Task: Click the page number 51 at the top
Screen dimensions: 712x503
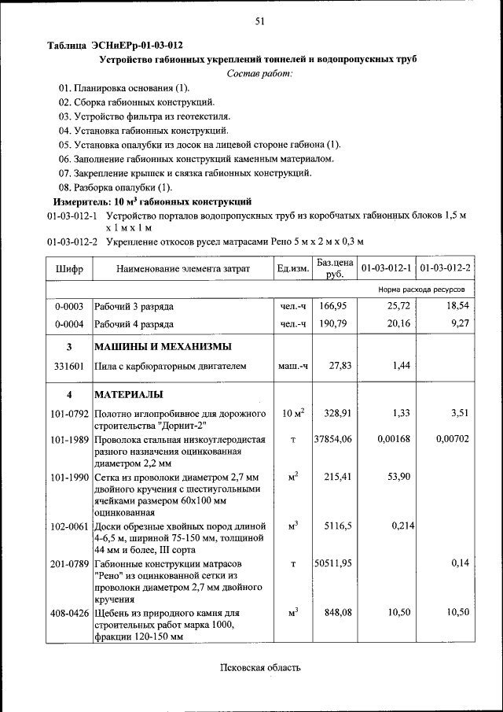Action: tap(259, 21)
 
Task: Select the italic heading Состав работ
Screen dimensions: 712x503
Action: tap(259, 73)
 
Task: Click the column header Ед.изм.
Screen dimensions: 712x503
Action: tap(292, 269)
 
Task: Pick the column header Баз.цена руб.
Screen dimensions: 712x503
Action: tap(334, 268)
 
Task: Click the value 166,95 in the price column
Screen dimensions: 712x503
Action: tap(334, 305)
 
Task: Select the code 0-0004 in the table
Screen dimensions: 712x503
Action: tap(69, 323)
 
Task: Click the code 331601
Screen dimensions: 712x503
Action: tap(69, 366)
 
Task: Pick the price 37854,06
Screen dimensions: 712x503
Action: tap(333, 439)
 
